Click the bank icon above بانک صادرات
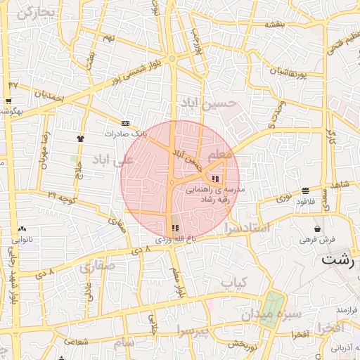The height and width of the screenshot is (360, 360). (x=125, y=122)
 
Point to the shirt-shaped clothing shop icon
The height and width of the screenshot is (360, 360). (x=81, y=139)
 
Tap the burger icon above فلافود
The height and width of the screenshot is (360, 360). (x=305, y=191)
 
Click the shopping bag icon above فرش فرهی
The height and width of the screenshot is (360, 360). (x=318, y=229)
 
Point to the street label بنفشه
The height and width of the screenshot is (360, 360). (x=275, y=25)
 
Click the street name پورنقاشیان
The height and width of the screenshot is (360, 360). (x=292, y=71)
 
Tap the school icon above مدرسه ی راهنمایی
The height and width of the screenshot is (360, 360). (x=214, y=178)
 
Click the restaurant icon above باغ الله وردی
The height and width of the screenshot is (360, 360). (x=175, y=229)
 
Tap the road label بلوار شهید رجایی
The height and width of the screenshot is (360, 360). (x=13, y=281)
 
